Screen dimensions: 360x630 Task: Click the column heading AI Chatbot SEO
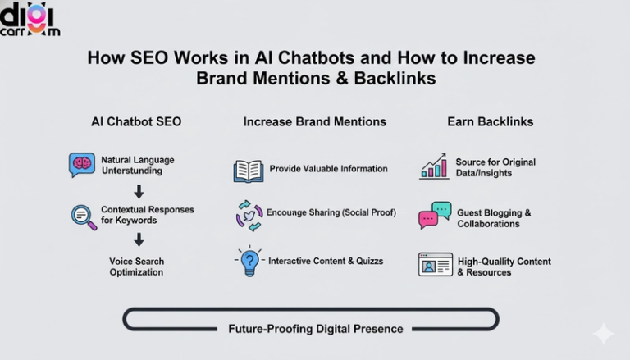coord(136,121)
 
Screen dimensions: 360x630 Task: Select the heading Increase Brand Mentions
coord(314,121)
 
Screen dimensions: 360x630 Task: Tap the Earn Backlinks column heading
coord(490,121)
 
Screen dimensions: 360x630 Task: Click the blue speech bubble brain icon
coord(82,164)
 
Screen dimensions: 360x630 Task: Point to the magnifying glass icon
coord(84,216)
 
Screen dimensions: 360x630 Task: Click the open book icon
coord(248,170)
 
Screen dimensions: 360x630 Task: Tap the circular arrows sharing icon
coord(249,214)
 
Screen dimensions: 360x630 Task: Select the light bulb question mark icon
coord(249,262)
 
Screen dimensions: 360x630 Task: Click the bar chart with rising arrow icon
coord(433,166)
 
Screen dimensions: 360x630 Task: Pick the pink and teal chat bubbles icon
coord(435,215)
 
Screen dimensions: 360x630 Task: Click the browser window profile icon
coord(435,264)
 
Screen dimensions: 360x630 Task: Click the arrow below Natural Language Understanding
coord(139,191)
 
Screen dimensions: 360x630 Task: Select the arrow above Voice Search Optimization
coord(139,239)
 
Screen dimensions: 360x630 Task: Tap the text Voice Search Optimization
coord(137,267)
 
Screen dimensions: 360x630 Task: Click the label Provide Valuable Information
coord(328,169)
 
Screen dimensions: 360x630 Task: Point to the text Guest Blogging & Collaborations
coord(494,218)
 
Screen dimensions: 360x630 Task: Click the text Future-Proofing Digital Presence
coord(316,329)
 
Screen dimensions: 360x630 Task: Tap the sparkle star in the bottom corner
coord(603,334)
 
